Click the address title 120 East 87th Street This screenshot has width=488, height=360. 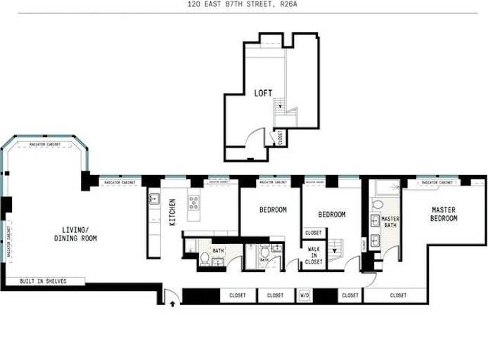pos(243,4)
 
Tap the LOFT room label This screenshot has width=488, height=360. pos(264,93)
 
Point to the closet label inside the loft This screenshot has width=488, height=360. pos(281,137)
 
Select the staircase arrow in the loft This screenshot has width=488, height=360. pos(281,107)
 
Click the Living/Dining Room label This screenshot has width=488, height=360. pos(75,235)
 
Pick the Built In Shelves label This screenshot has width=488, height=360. pos(43,281)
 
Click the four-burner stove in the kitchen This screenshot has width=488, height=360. pos(193,204)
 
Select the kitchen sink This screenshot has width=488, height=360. pos(154,199)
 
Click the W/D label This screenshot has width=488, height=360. pos(304,295)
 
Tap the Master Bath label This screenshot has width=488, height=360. pos(390,222)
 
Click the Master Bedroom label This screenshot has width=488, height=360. pos(444,214)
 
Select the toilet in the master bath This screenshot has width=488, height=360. pos(377,206)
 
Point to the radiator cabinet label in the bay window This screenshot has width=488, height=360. pos(44,145)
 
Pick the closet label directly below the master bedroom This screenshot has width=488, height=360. pos(398,295)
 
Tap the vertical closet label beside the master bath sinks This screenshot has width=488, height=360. pos(364,244)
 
